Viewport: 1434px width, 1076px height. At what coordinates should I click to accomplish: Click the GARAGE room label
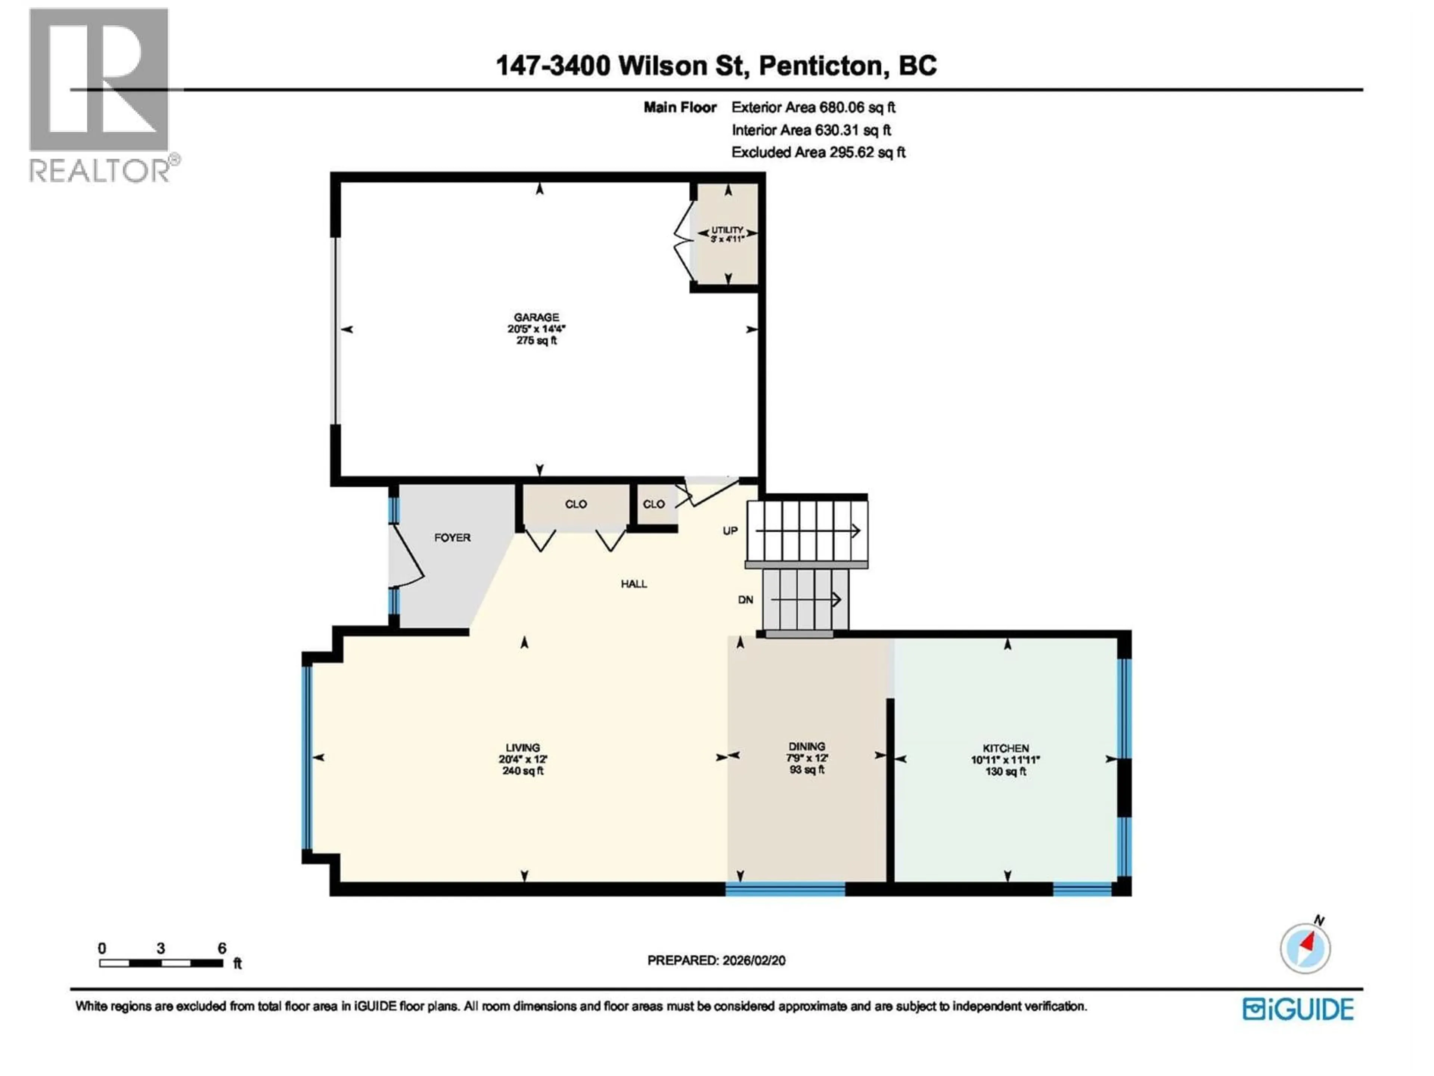[x=536, y=317]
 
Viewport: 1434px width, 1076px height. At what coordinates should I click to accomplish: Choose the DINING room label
[x=807, y=746]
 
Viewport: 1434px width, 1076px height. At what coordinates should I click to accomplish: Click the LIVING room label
[x=522, y=748]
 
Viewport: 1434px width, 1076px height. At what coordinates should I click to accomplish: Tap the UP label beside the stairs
[x=730, y=531]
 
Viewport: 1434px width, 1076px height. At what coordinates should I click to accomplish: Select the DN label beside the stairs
[x=745, y=600]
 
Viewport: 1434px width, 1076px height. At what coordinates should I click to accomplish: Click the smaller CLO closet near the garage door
[x=654, y=504]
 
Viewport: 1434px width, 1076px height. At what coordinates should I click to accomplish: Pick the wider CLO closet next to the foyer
[x=576, y=504]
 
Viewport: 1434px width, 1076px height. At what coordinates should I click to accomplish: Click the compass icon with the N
[x=1305, y=948]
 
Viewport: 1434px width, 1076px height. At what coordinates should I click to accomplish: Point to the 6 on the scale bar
[x=222, y=948]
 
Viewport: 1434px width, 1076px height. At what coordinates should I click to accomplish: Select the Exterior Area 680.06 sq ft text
[x=813, y=108]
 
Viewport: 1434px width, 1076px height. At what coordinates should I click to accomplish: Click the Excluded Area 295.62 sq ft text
[x=818, y=152]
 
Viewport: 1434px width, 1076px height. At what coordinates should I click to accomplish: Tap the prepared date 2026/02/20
[x=752, y=961]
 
